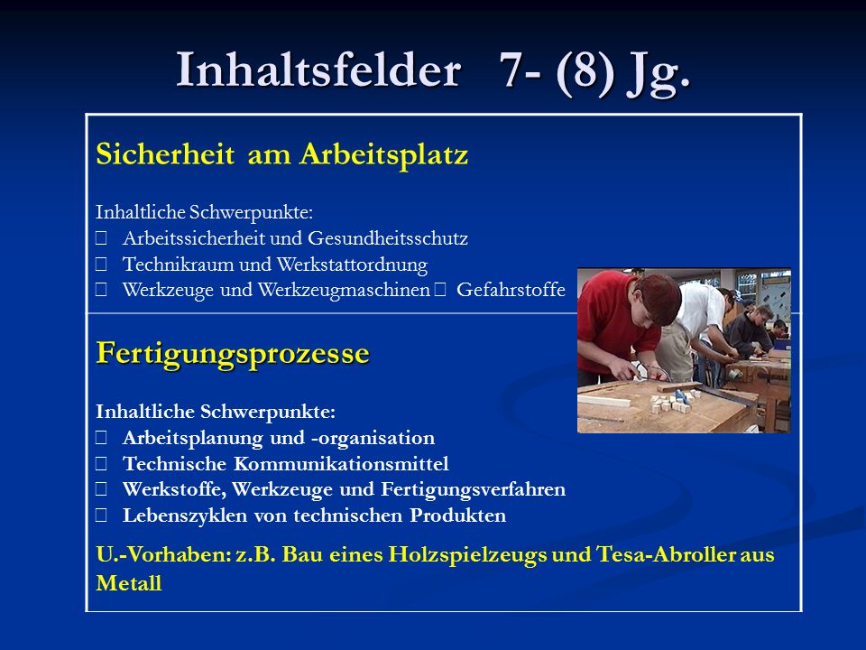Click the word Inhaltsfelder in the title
point(318,70)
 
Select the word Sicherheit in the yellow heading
point(165,153)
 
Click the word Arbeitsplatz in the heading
point(384,154)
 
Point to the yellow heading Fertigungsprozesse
point(233,354)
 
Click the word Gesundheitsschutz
point(388,238)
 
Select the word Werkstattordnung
point(352,265)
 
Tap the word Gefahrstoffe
point(511,290)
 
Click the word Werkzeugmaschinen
point(344,291)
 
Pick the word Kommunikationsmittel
point(341,464)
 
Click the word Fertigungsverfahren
point(474,489)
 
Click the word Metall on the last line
point(129,583)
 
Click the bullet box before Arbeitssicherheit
point(101,238)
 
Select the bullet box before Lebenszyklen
point(101,515)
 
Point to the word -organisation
point(373,439)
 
